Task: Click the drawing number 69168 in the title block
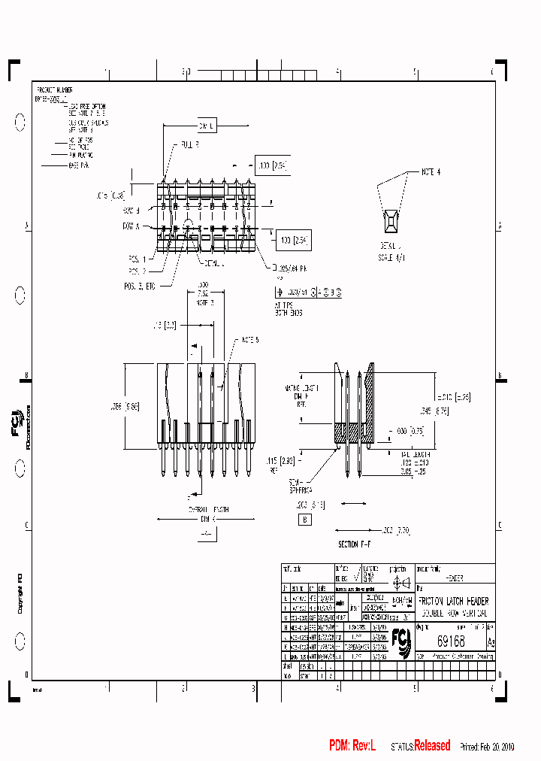tap(450, 641)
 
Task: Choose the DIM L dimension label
tap(207, 128)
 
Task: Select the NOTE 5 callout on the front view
tap(250, 341)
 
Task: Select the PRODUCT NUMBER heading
tap(54, 89)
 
